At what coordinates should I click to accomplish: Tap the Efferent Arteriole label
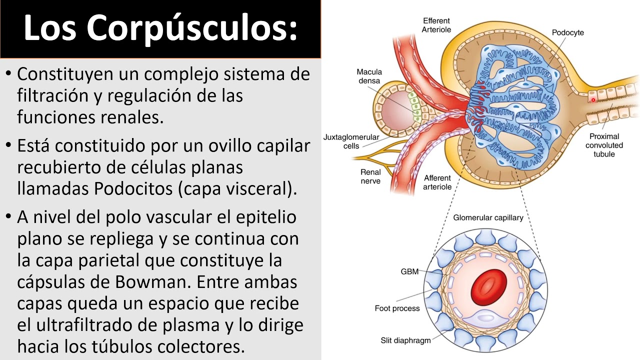(x=436, y=25)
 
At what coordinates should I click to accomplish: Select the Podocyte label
(x=567, y=33)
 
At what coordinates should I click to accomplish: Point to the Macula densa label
(x=369, y=76)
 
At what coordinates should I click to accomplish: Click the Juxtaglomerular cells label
(x=351, y=141)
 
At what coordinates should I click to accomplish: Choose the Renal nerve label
(x=370, y=176)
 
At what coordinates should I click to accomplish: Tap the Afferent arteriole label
(x=437, y=182)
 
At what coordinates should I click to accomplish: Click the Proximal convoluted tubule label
(x=604, y=145)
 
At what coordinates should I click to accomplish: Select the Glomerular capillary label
(x=488, y=218)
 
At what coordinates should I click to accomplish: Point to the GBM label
(x=409, y=272)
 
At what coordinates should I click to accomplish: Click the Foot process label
(x=397, y=308)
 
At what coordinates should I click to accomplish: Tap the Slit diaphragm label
(x=405, y=341)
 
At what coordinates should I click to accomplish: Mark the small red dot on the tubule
(x=593, y=100)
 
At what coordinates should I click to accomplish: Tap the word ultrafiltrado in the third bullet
(x=85, y=325)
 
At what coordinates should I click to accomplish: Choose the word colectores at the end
(x=200, y=346)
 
